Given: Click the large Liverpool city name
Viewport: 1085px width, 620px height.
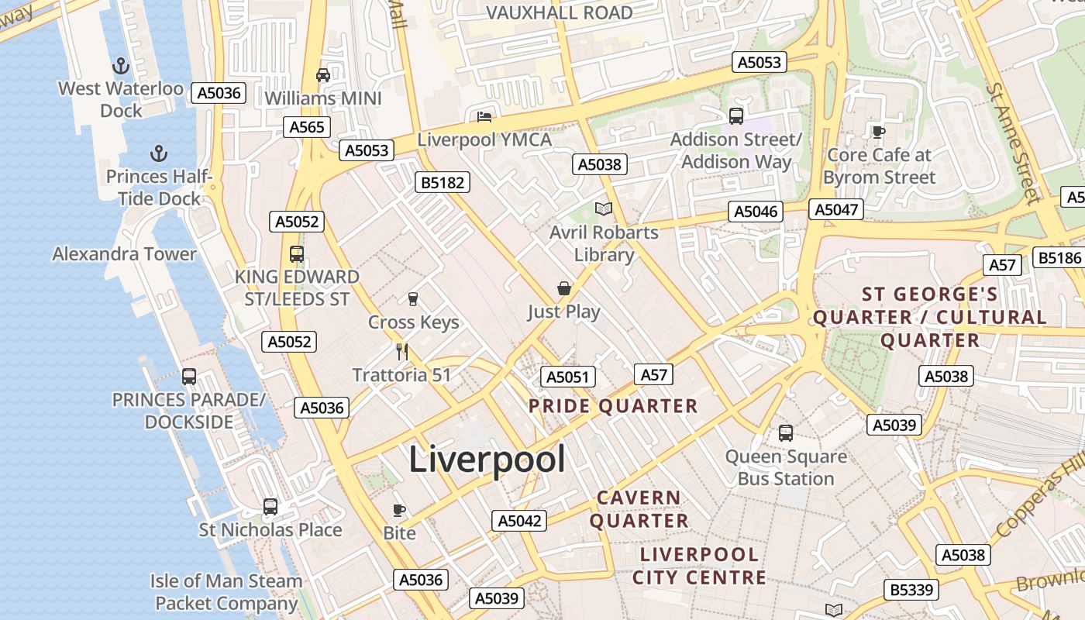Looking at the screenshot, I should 487,459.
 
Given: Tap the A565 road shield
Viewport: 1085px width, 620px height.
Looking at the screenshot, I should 307,127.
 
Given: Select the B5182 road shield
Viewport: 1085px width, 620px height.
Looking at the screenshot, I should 443,182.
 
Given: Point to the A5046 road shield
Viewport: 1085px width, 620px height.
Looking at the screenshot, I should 756,212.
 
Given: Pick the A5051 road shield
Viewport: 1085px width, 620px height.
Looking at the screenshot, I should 568,377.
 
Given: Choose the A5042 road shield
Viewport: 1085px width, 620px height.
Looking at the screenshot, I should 519,521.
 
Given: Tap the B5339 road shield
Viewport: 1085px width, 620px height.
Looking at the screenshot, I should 911,590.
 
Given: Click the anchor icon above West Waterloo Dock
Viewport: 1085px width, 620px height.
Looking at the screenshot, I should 120,66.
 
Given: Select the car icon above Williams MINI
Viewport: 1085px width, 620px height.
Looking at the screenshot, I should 323,75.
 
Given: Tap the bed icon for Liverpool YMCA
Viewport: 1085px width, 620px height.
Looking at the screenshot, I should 484,117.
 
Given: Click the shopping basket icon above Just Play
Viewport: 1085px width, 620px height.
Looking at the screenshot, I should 564,289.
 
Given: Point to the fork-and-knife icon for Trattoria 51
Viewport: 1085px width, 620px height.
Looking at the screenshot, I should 401,352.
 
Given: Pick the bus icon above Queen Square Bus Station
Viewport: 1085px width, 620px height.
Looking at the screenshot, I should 786,433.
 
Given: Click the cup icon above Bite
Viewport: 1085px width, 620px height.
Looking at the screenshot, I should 399,510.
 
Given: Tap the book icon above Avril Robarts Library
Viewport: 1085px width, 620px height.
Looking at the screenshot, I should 604,208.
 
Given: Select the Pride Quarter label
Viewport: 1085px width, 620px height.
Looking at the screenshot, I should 613,406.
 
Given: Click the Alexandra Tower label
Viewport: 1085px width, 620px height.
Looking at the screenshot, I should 125,254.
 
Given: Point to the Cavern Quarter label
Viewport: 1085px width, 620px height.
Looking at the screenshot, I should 639,509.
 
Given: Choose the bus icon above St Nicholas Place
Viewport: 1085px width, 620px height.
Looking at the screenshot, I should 270,507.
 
